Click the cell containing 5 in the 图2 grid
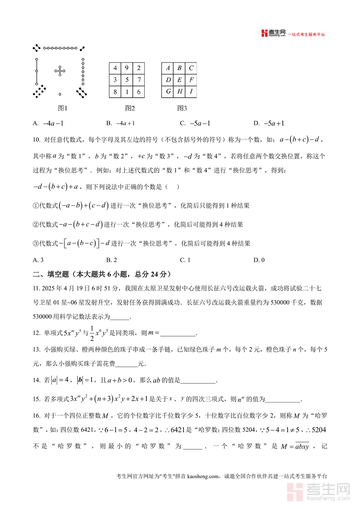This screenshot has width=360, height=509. click(127, 80)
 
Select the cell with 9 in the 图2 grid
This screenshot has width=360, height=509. click(127, 68)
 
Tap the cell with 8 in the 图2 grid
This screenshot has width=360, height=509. click(115, 92)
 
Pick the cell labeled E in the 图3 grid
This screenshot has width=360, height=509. click(180, 80)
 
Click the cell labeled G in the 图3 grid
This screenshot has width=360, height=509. click(168, 92)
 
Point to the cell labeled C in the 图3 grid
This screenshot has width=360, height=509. click(191, 68)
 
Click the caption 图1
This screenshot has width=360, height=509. click(62, 108)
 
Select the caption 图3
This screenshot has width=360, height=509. click(182, 108)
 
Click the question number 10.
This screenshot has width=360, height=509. click(36, 140)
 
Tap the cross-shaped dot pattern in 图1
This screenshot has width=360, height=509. click(60, 72)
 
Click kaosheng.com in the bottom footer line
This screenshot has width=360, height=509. click(203, 476)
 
